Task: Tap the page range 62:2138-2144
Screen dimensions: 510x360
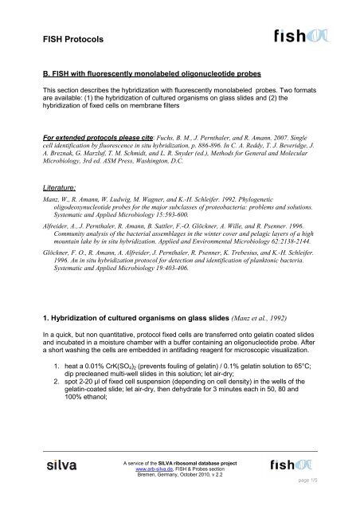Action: tap(300, 260)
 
